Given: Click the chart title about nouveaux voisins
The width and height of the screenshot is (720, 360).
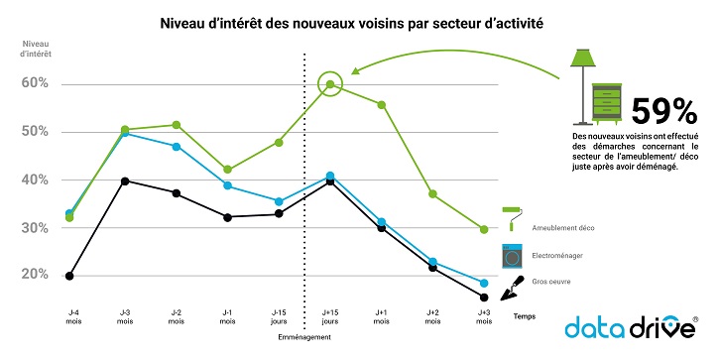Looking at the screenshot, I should [359, 19].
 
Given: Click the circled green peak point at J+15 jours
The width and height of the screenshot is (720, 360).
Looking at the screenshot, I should [330, 84].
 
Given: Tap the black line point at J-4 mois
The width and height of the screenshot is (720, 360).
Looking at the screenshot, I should [69, 276].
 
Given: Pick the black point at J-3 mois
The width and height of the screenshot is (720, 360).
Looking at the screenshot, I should [124, 180].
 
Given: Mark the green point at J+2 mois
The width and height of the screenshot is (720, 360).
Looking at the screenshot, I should [432, 193].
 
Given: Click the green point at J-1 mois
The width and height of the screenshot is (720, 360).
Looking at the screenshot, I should [227, 169].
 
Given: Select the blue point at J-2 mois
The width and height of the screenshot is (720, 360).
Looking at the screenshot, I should [176, 146].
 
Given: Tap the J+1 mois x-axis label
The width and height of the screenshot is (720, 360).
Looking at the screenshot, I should [381, 316].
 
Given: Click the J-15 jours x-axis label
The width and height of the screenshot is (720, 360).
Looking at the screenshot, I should [279, 316].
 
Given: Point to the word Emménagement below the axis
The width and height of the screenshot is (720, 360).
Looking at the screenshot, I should [304, 337].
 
